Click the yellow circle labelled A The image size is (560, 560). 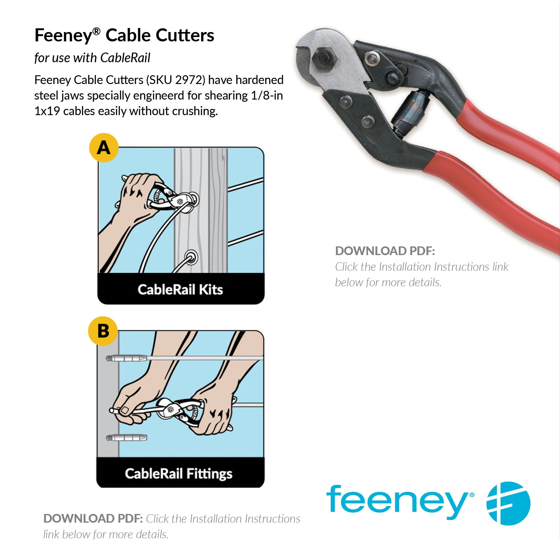pos(104,148)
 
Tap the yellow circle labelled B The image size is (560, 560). pos(103,331)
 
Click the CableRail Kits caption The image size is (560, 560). pos(180,290)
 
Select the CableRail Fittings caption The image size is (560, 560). pos(179,474)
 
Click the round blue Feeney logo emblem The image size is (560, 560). pos(508,503)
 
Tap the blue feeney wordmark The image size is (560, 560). pos(400,503)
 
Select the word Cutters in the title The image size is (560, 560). pos(185,35)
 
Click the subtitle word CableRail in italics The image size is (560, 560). pos(125,58)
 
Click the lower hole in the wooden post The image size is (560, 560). pos(191,258)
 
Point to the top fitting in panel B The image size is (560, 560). pos(126,358)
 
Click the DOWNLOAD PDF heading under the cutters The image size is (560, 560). pos(385,251)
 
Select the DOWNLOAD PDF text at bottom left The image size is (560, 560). pos(93,519)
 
